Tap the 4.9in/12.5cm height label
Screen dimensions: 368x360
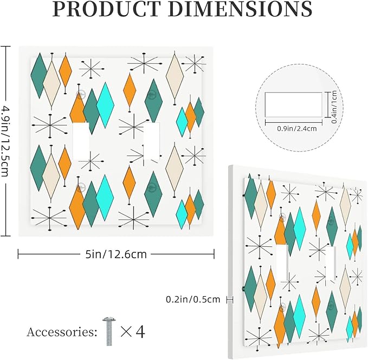pos(5,141)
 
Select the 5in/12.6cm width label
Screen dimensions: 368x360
pos(116,254)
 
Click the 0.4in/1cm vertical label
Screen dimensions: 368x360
pos(334,107)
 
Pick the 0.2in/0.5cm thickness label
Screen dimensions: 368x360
pos(193,299)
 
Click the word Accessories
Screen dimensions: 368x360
pos(62,332)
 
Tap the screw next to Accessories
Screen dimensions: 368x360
pos(108,331)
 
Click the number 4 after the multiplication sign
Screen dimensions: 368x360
pos(140,332)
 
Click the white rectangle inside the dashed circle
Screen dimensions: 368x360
pos(293,104)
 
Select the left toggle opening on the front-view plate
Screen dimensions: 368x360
pos(81,141)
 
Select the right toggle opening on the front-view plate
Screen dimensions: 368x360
pos(152,141)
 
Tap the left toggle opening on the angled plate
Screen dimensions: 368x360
pos(282,263)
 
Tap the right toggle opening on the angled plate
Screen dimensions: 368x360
pos(331,263)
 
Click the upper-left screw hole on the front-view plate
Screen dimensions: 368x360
pos(81,94)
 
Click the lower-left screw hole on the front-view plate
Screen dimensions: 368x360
pos(81,187)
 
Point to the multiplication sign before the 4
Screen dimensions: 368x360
pos(126,332)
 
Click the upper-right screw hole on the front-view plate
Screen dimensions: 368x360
pos(152,94)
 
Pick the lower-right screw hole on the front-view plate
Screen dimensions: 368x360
pos(152,187)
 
